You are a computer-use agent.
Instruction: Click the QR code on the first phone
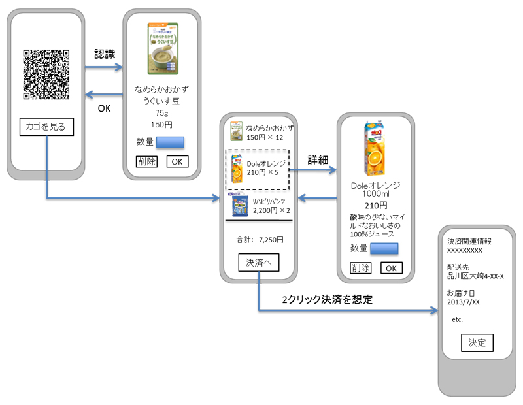[46, 74]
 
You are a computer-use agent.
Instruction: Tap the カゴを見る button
[45, 126]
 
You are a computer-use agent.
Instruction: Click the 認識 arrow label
[105, 54]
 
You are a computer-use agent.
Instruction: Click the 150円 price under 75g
[161, 124]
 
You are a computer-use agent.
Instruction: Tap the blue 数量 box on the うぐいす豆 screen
[171, 142]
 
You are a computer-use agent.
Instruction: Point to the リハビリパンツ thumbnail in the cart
[237, 204]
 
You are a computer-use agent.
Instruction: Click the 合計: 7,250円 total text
[260, 240]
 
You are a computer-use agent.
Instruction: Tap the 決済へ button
[259, 263]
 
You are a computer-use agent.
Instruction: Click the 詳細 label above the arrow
[317, 159]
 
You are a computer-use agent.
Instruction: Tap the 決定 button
[477, 342]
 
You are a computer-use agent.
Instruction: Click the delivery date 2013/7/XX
[464, 302]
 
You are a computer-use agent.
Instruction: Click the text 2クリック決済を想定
[327, 300]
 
